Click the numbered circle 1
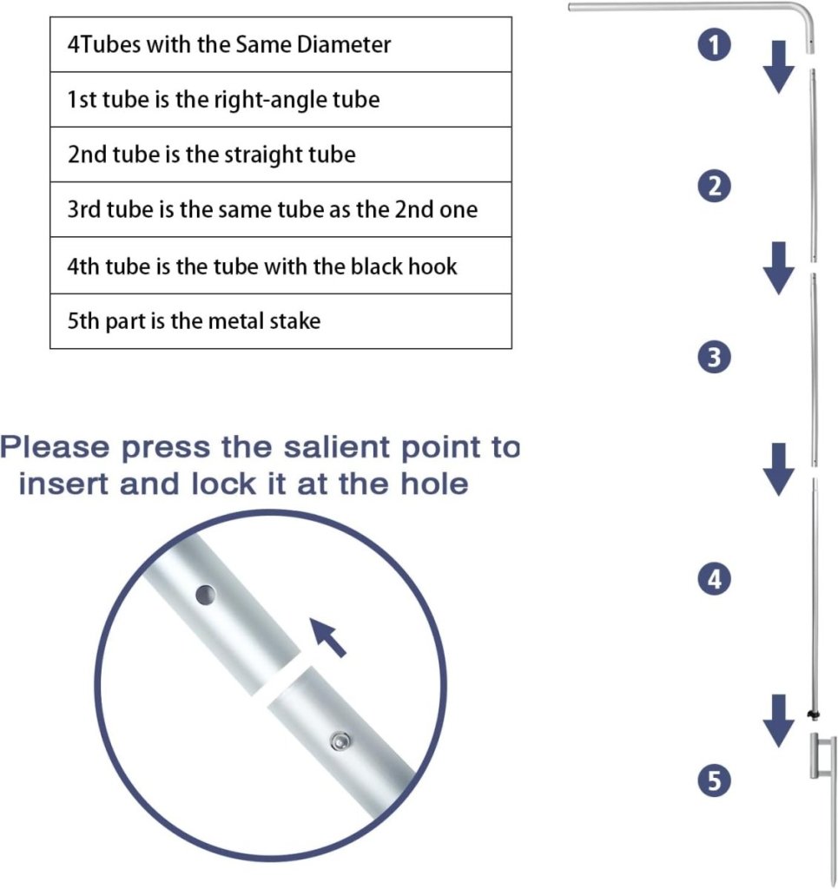pos(715,45)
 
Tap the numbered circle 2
pos(715,186)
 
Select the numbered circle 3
pos(715,357)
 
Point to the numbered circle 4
pos(715,579)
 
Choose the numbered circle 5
pos(715,780)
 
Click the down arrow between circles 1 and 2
pos(778,67)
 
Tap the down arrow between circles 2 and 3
pos(778,268)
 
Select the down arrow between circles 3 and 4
pos(778,470)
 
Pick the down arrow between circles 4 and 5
pos(778,721)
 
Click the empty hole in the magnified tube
pos(205,595)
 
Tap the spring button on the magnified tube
pos(340,741)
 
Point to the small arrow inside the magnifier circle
pos(327,638)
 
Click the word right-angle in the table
pos(269,100)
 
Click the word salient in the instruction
pos(337,447)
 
